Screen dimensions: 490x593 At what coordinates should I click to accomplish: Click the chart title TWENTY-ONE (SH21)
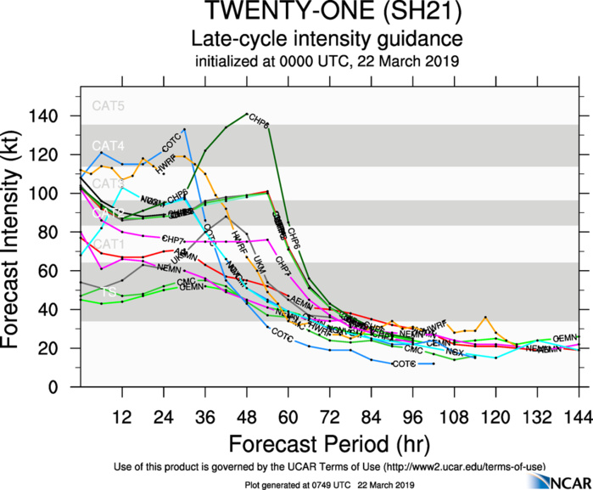[x=326, y=14]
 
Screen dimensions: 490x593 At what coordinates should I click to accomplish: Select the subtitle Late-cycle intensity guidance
[x=326, y=39]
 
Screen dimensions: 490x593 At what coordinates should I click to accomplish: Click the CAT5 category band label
[x=108, y=106]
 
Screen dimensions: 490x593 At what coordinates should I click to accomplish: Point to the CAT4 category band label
[x=108, y=145]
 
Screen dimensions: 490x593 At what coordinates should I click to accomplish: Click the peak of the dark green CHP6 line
[x=247, y=113]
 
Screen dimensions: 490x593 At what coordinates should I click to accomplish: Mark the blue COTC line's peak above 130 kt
[x=185, y=129]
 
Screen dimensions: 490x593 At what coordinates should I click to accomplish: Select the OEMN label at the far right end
[x=565, y=338]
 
